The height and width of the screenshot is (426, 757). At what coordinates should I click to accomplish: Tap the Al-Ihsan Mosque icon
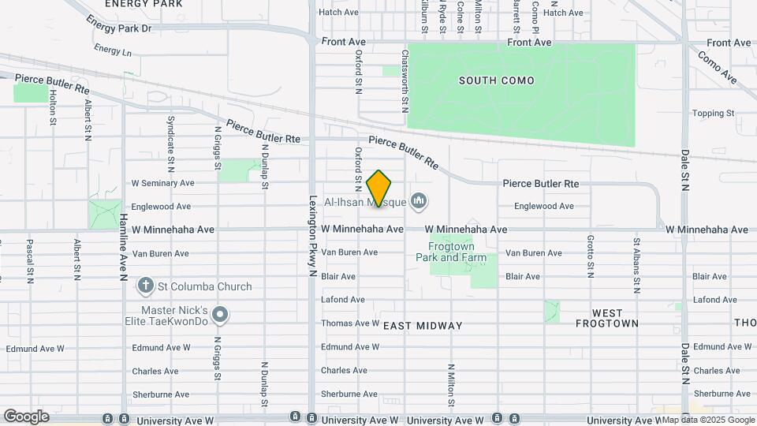point(420,202)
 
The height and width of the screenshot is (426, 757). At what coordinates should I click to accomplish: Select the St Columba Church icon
point(145,286)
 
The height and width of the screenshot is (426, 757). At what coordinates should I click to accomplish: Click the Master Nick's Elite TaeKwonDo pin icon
point(221,316)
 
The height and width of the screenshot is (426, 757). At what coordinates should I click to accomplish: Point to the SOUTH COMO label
point(497,80)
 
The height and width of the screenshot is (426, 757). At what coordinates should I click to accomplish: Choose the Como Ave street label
point(718,68)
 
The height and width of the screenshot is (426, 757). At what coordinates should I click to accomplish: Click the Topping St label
point(713,114)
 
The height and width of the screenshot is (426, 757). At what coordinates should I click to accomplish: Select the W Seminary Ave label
point(162,182)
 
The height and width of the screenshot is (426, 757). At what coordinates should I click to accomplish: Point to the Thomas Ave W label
point(350,323)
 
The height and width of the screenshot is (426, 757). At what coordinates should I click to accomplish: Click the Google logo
point(26,416)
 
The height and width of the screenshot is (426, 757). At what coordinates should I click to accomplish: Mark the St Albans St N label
point(636,256)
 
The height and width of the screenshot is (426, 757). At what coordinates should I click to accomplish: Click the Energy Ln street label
point(113,50)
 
